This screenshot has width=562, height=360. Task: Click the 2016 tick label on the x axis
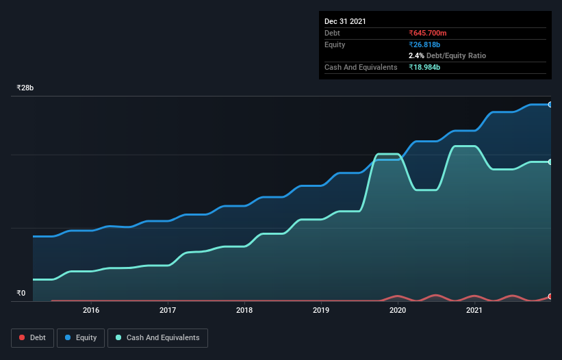click(91, 310)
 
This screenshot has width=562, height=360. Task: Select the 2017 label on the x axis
click(168, 310)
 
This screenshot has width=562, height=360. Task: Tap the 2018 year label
click(244, 310)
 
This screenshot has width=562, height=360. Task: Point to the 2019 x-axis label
click(321, 310)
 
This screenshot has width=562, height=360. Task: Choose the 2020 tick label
click(398, 310)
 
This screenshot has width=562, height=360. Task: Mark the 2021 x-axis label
click(474, 310)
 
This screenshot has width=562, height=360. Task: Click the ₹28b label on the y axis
click(25, 88)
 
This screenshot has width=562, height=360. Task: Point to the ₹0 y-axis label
click(21, 293)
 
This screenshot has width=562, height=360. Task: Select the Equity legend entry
click(81, 337)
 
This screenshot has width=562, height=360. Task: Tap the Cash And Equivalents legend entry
click(157, 337)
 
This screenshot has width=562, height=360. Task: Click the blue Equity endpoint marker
click(550, 105)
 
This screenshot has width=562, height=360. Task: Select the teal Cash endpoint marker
click(550, 162)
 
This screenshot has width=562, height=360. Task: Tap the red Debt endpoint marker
click(550, 296)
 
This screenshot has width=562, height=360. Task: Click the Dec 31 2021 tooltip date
click(345, 21)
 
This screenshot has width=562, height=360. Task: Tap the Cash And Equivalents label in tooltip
click(361, 67)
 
